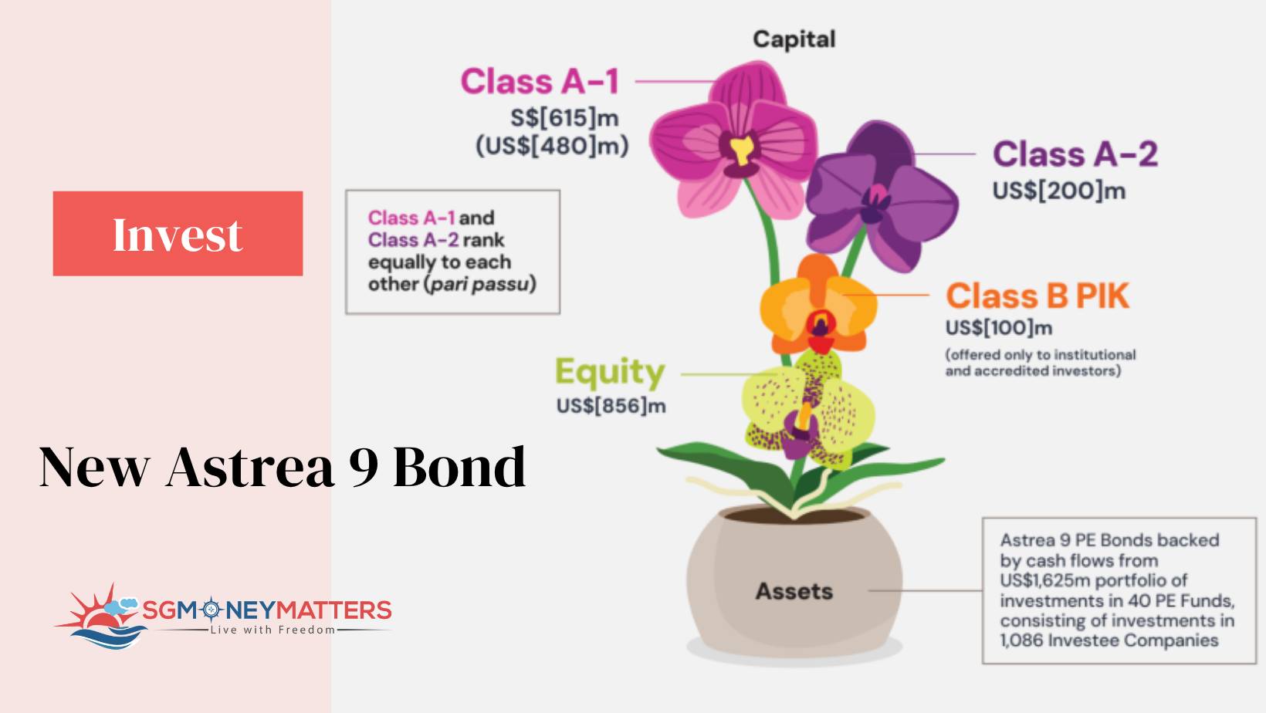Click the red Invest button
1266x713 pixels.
[x=178, y=233]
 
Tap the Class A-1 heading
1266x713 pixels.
[x=540, y=81]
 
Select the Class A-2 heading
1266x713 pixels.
[x=1075, y=154]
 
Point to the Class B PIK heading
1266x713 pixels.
[x=1037, y=296]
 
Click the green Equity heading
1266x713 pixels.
[x=610, y=373]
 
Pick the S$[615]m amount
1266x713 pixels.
[x=564, y=118]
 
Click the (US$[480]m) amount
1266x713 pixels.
[x=552, y=146]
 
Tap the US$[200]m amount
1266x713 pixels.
[x=1059, y=191]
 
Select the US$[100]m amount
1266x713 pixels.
[x=999, y=328]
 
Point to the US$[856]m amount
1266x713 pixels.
[x=611, y=406]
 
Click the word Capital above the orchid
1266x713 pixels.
[x=794, y=39]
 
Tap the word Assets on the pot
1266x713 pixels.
[x=794, y=592]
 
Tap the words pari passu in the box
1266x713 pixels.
[x=480, y=284]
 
